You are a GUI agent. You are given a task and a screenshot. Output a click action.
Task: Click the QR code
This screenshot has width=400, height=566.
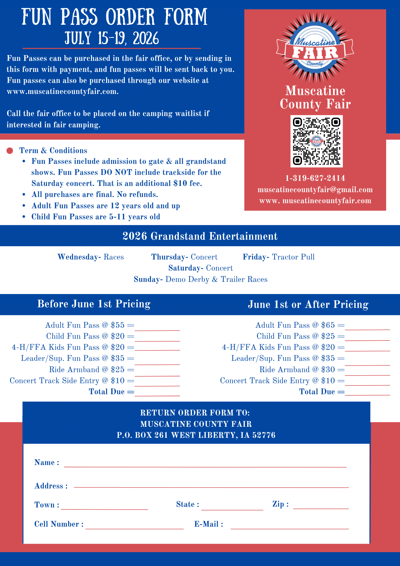(316, 141)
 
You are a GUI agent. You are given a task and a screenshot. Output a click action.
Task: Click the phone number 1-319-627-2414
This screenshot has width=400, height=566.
(315, 178)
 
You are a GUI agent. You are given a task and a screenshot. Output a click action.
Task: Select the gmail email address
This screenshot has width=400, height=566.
(315, 190)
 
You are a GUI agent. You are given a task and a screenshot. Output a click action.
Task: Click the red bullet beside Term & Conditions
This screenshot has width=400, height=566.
(10, 151)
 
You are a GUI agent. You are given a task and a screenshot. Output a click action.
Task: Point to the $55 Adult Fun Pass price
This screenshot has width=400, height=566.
(118, 325)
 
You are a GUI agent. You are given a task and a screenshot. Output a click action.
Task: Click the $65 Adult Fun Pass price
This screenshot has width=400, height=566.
(328, 325)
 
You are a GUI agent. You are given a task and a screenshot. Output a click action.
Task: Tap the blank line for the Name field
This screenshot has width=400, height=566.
(205, 465)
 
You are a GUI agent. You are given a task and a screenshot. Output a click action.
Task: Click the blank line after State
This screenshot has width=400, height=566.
(232, 508)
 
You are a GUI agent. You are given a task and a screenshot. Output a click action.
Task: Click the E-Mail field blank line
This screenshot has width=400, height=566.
(290, 526)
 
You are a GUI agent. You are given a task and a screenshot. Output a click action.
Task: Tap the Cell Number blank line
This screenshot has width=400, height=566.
(135, 526)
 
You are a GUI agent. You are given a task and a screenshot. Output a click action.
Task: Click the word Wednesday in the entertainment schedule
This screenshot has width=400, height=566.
(78, 257)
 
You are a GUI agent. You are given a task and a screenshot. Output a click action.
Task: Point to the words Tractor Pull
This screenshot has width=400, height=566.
(293, 257)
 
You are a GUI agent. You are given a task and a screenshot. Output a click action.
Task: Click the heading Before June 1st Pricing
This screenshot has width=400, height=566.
(94, 304)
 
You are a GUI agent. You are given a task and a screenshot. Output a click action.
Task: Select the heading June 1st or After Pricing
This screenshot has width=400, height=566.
(308, 305)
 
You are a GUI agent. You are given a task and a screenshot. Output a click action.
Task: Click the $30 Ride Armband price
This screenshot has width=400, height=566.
(328, 370)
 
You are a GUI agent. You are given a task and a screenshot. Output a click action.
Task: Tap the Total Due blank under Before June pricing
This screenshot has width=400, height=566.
(157, 393)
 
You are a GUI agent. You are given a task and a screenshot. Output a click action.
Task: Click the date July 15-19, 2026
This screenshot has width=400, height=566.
(112, 38)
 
